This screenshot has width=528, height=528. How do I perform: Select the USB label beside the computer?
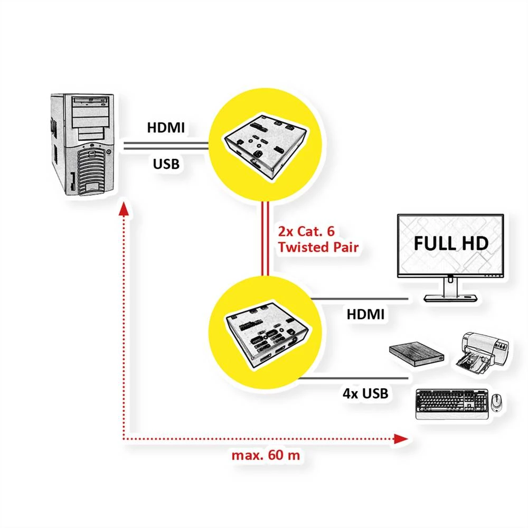point(166,164)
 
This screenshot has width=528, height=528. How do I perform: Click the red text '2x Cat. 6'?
point(307,231)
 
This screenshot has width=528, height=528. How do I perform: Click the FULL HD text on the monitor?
point(450,243)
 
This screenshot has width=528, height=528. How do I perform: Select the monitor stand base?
point(449,298)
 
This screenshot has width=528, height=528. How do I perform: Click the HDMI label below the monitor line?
point(365,314)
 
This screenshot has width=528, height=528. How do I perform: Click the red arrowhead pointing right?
point(402,439)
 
